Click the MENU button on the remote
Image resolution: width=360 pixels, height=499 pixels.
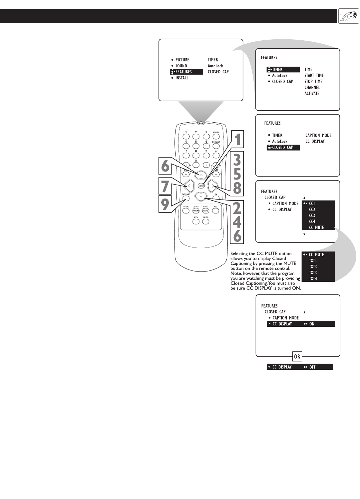[201, 186]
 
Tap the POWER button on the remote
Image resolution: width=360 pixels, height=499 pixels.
[216, 136]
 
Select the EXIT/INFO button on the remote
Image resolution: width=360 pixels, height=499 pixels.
[186, 198]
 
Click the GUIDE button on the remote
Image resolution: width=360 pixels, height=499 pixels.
[186, 211]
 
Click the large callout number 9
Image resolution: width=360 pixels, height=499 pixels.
[165, 204]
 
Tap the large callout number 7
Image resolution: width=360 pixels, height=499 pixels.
[165, 186]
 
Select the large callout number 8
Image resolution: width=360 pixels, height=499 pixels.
[237, 188]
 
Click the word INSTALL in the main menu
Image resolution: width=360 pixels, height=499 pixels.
[182, 78]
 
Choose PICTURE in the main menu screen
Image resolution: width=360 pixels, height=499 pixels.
[182, 60]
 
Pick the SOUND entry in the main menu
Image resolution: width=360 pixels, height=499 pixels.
[181, 66]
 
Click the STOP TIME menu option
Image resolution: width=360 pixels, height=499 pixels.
[313, 82]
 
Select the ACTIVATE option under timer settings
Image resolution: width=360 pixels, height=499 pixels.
[312, 94]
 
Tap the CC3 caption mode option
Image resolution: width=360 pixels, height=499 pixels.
[312, 216]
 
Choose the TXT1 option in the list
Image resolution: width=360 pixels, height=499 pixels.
[312, 261]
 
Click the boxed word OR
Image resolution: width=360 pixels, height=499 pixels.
[297, 356]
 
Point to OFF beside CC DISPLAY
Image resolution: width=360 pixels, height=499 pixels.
[312, 367]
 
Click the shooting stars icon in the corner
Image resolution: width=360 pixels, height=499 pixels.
[348, 16]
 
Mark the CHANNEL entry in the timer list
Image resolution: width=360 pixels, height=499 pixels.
[312, 88]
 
